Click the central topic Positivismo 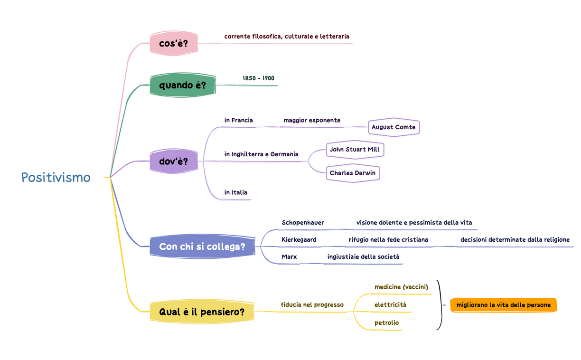click(56, 178)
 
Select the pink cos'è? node click(173, 44)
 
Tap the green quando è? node click(182, 85)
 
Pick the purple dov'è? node click(173, 161)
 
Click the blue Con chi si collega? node click(202, 246)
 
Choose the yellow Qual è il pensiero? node click(202, 312)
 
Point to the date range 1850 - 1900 click(258, 78)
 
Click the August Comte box click(394, 127)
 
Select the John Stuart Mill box click(355, 150)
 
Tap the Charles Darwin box click(353, 173)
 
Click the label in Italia click(235, 192)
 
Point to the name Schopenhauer click(302, 223)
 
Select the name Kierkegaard click(299, 240)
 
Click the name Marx click(289, 257)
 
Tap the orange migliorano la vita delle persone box click(503, 305)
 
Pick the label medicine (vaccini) click(401, 287)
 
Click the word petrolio click(386, 323)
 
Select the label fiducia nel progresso click(312, 305)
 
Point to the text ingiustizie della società click(363, 257)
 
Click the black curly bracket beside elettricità click(440, 305)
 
